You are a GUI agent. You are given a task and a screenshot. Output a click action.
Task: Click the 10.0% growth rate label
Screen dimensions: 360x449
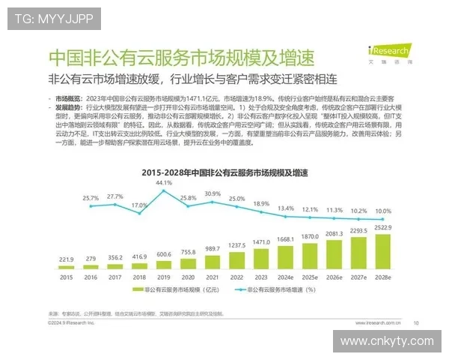coord(382,211)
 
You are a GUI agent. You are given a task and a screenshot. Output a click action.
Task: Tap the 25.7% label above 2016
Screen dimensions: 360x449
coord(91,198)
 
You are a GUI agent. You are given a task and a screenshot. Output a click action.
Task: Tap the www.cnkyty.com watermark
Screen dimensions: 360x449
coord(386,341)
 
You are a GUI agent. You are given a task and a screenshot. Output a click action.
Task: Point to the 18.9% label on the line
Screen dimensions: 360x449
coord(260,204)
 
